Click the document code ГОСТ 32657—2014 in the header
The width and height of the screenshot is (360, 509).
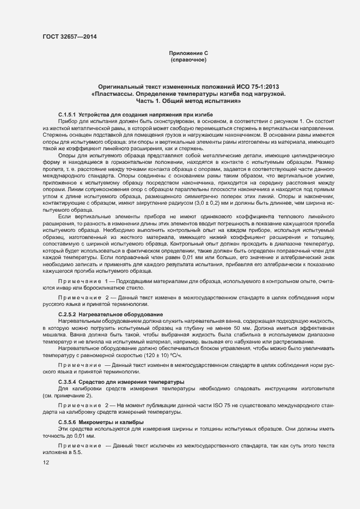pos(70,37)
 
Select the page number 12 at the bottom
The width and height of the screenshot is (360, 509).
pos(46,463)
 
